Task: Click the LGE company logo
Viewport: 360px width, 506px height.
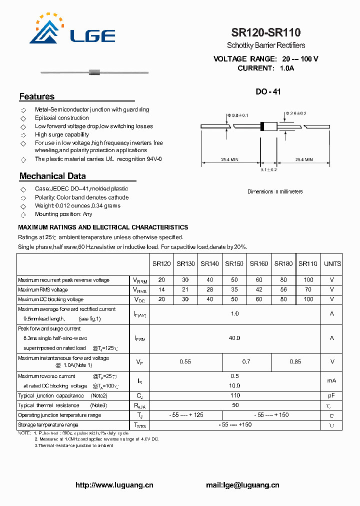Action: point(72,29)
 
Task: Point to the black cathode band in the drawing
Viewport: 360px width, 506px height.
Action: point(262,126)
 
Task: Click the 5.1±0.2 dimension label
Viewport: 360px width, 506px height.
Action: point(268,170)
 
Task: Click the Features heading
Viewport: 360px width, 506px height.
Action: point(37,96)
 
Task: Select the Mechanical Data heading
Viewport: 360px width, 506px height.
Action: point(52,176)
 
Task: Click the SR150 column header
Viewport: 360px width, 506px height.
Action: point(234,264)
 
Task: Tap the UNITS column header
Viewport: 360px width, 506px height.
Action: point(332,264)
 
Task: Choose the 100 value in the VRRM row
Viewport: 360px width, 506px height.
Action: point(308,280)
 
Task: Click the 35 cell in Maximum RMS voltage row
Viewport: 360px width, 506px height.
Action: point(234,290)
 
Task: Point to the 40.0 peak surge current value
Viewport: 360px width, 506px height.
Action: point(234,338)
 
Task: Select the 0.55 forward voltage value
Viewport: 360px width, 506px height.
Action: point(185,361)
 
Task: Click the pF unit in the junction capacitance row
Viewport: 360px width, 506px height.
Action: point(331,395)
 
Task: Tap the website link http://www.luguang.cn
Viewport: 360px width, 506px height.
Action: point(114,485)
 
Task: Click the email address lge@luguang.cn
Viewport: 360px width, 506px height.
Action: point(242,485)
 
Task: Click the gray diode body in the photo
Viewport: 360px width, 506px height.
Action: point(94,72)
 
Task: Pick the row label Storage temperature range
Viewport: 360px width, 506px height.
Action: point(48,425)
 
